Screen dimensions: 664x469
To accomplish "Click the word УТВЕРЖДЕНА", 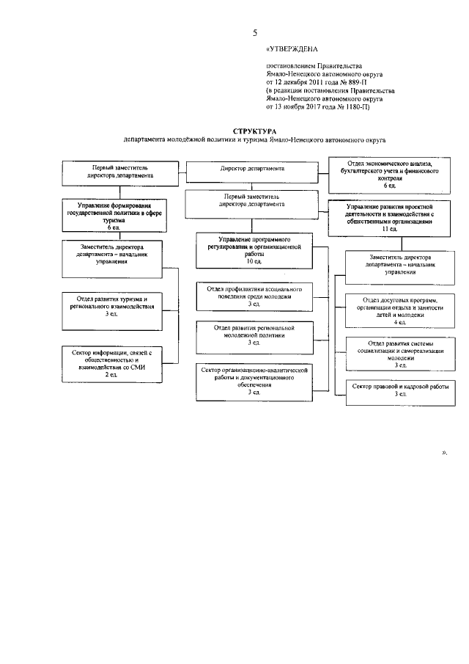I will click(x=293, y=48).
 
